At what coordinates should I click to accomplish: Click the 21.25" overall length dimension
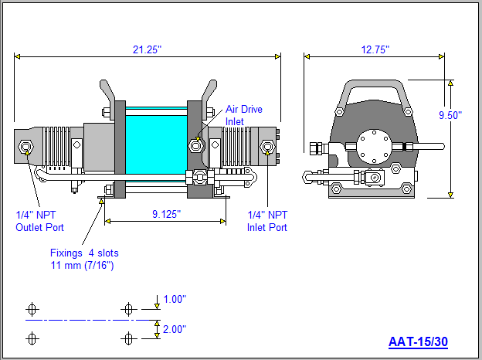(x=148, y=49)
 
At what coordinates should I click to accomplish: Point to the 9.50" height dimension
(x=450, y=115)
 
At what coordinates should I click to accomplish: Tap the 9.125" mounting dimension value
(x=165, y=214)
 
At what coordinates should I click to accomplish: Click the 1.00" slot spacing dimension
(x=174, y=299)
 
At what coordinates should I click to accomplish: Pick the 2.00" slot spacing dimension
(x=174, y=329)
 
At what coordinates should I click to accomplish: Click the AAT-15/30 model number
(x=418, y=341)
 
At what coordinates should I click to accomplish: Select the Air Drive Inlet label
(x=243, y=115)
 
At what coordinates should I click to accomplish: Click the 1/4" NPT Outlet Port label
(x=39, y=221)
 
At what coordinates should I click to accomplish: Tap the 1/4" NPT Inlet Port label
(x=266, y=221)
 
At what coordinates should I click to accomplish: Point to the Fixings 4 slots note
(x=84, y=259)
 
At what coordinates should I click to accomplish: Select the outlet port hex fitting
(x=27, y=146)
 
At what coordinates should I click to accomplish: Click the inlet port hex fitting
(x=268, y=146)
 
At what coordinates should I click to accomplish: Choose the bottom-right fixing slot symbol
(x=128, y=338)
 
